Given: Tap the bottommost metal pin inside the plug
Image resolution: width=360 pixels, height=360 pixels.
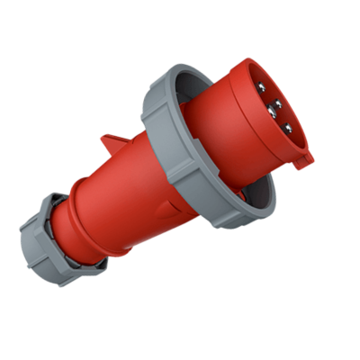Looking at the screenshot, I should [287, 129].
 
